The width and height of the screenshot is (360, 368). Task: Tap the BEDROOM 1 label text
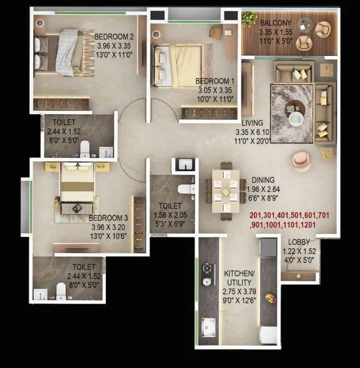point(215,81)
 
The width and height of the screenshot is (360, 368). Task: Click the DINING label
point(263,180)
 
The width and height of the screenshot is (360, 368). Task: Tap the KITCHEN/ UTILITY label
point(239,278)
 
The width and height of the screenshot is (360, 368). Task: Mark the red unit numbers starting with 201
point(290,220)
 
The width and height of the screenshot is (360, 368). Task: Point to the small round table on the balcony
point(304,24)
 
